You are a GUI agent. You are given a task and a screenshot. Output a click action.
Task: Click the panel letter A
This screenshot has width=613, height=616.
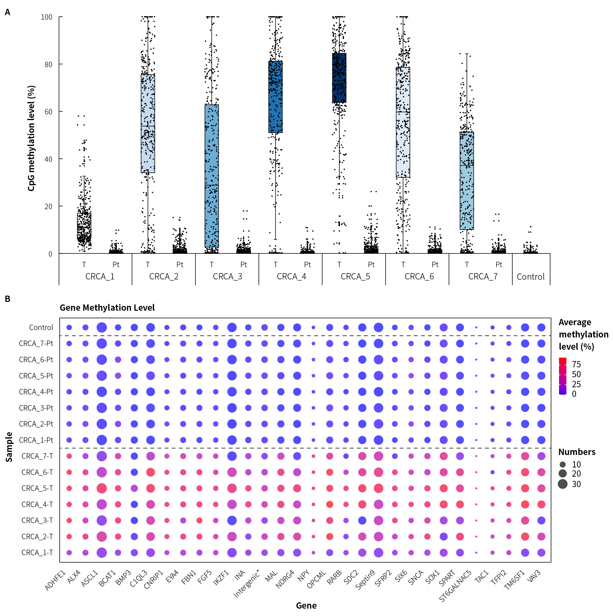click(x=8, y=12)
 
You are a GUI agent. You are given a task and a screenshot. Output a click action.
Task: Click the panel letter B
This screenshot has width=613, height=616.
click(x=8, y=299)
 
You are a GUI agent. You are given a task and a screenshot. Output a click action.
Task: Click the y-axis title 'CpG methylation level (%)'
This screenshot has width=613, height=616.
click(x=31, y=138)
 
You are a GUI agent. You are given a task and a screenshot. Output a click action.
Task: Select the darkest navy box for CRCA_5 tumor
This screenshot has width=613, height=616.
click(x=339, y=78)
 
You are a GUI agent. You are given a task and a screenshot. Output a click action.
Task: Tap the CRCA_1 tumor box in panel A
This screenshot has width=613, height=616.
click(x=84, y=226)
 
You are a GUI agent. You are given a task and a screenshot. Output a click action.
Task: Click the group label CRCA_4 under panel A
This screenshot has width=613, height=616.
click(x=291, y=277)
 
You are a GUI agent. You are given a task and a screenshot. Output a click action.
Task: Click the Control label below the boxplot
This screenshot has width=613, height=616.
click(x=531, y=277)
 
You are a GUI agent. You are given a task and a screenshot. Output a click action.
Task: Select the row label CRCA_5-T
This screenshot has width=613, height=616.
click(x=37, y=488)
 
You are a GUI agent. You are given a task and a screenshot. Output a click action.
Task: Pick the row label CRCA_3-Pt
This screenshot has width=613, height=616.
click(x=36, y=408)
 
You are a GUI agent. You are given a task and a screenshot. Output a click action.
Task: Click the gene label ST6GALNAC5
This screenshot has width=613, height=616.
click(x=455, y=585)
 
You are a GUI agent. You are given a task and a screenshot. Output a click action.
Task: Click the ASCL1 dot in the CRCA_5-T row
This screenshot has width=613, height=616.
click(x=101, y=488)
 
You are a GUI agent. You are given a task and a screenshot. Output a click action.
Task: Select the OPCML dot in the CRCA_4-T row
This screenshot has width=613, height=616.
click(x=330, y=504)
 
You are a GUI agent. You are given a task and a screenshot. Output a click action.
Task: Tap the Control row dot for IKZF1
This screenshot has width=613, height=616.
click(x=232, y=327)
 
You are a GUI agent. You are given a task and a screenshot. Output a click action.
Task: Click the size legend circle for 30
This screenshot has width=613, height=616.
click(x=563, y=484)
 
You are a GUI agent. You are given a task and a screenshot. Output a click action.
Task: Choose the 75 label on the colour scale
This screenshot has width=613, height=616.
click(x=576, y=364)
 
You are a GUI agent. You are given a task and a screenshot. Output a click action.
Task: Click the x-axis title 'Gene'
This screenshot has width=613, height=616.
click(x=306, y=605)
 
